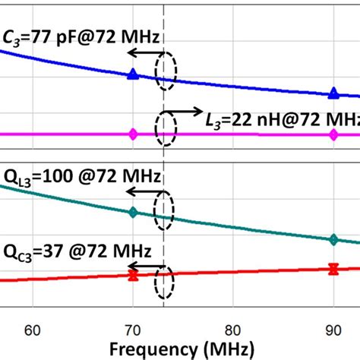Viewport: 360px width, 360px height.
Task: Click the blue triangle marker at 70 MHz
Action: click(133, 74)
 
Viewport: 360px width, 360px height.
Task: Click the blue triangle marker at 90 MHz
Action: click(333, 93)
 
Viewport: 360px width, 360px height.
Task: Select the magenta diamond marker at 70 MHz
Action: click(133, 134)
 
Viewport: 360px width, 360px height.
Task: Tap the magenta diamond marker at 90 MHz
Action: click(333, 134)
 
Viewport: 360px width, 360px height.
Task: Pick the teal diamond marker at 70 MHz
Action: click(133, 213)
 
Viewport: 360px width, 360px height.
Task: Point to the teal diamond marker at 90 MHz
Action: click(333, 239)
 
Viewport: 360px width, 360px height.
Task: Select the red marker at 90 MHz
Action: click(333, 267)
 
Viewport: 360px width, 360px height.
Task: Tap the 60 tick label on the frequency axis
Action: click(33, 330)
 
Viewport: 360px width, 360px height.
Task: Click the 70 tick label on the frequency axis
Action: click(133, 330)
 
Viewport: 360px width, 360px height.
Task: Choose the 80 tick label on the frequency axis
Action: click(233, 330)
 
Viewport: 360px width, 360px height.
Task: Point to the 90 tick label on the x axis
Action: click(333, 330)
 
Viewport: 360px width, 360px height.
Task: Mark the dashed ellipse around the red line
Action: click(164, 282)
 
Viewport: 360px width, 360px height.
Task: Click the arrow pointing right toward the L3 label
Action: click(186, 109)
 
